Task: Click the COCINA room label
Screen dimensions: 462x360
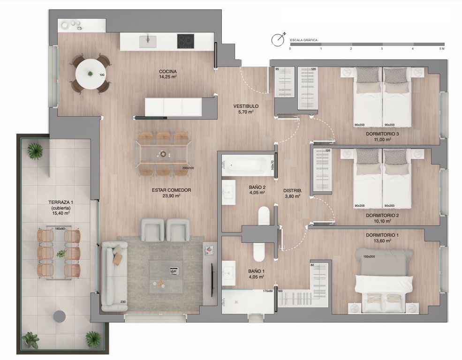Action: tap(168, 72)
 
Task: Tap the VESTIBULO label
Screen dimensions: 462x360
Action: tap(246, 106)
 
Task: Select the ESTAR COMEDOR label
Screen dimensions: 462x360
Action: tap(172, 190)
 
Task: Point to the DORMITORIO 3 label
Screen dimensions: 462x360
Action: tap(382, 134)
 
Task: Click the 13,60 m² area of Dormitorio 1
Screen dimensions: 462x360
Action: tap(382, 241)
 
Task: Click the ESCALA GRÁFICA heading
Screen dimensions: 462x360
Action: tap(304, 40)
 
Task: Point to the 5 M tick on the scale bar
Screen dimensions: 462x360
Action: tap(441, 49)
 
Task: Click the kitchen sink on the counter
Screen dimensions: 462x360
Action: tap(147, 41)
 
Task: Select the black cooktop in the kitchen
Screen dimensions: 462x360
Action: tap(186, 41)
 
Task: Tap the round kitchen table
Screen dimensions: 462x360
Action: tap(90, 74)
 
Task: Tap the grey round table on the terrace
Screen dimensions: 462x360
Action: tap(60, 317)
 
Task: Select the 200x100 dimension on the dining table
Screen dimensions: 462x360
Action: tap(188, 168)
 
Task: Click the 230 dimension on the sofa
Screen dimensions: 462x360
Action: tap(123, 302)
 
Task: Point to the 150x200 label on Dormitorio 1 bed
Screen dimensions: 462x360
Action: tap(369, 257)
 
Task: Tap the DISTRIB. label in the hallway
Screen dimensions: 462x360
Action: tap(293, 190)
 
